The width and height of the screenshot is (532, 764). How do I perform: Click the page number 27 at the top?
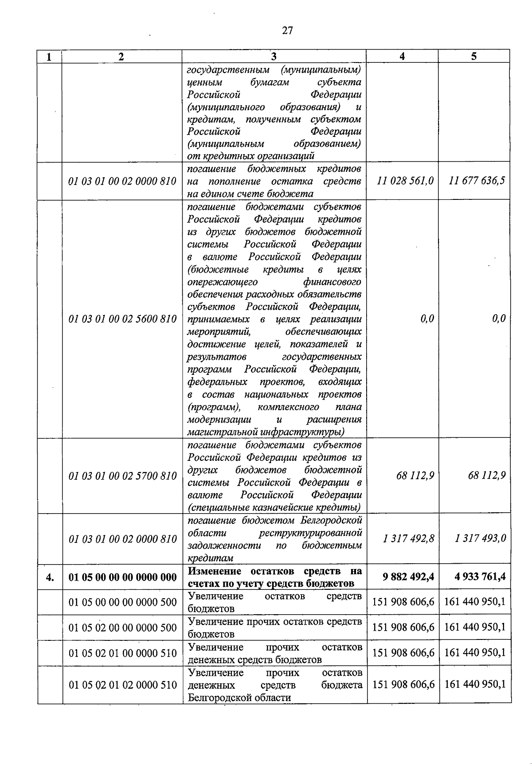(x=287, y=30)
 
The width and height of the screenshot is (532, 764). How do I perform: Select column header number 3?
(x=274, y=56)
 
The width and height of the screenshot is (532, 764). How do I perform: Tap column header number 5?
(x=474, y=56)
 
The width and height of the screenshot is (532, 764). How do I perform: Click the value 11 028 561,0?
(x=405, y=181)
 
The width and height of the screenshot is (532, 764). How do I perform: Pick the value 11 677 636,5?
(x=477, y=181)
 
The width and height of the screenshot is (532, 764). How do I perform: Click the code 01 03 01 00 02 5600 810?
(x=122, y=319)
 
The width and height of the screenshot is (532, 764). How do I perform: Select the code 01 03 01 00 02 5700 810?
(x=122, y=476)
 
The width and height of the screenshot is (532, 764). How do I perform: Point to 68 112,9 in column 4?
(x=415, y=476)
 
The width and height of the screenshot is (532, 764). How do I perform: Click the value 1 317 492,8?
(x=409, y=538)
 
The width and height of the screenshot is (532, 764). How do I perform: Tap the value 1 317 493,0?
(x=481, y=538)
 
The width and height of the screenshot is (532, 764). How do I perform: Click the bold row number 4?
(x=50, y=577)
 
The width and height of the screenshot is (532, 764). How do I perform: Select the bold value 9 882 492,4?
(x=408, y=577)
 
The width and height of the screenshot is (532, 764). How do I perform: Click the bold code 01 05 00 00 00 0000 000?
(x=122, y=577)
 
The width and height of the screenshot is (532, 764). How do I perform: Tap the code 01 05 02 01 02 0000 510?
(x=122, y=685)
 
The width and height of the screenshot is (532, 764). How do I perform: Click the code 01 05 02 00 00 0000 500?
(x=122, y=628)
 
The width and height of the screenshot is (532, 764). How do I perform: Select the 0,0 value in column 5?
(x=499, y=319)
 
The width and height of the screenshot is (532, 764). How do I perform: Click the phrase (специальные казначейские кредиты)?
(x=274, y=507)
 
